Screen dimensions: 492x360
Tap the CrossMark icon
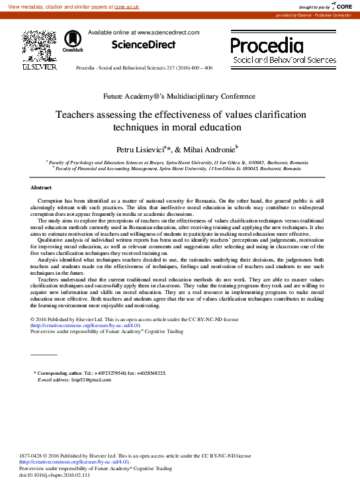coord(72,42)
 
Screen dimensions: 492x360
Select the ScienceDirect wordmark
coord(144,45)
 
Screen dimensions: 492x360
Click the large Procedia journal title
coord(266,45)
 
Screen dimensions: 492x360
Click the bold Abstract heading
coord(41,188)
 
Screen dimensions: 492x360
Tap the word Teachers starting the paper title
coord(77,115)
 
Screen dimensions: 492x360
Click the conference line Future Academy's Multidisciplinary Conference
coord(180,96)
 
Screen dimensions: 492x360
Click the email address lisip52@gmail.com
coord(74,380)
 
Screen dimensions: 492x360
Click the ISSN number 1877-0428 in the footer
coord(33,456)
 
